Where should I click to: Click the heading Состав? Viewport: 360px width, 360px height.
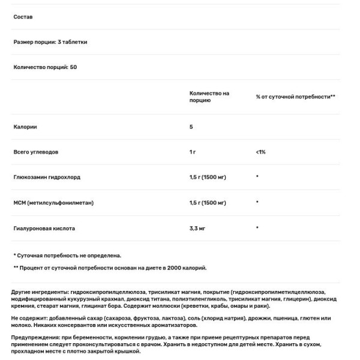(x=23, y=17)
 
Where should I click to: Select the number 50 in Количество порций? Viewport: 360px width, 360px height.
(x=73, y=67)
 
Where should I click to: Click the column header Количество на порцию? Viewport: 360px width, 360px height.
(x=209, y=97)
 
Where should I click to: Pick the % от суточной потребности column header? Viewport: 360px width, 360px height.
(x=295, y=97)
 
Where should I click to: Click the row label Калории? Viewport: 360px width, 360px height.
(x=24, y=127)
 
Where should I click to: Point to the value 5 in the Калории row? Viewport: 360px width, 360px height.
(x=191, y=127)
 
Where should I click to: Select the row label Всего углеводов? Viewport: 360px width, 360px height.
(x=35, y=152)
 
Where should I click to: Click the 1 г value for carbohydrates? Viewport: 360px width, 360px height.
(x=193, y=152)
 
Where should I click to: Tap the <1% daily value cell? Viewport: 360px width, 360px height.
(x=260, y=152)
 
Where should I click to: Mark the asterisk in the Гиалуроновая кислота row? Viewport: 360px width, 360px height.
(x=257, y=229)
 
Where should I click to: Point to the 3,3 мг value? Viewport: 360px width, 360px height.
(x=198, y=229)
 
